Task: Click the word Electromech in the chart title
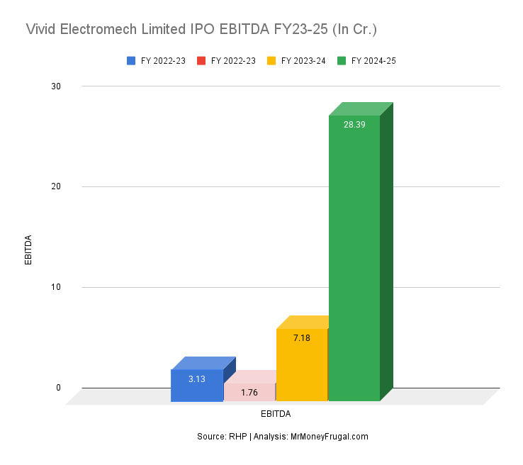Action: [99, 30]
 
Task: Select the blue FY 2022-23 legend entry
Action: [156, 61]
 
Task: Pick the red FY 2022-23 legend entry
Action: [226, 61]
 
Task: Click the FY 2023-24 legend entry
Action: [296, 61]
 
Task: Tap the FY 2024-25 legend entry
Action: [366, 61]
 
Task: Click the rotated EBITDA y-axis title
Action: [29, 250]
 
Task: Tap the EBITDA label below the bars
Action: [276, 413]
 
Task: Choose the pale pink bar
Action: [249, 397]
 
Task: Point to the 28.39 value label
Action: [354, 124]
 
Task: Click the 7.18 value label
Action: [302, 338]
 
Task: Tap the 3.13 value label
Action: [197, 379]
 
